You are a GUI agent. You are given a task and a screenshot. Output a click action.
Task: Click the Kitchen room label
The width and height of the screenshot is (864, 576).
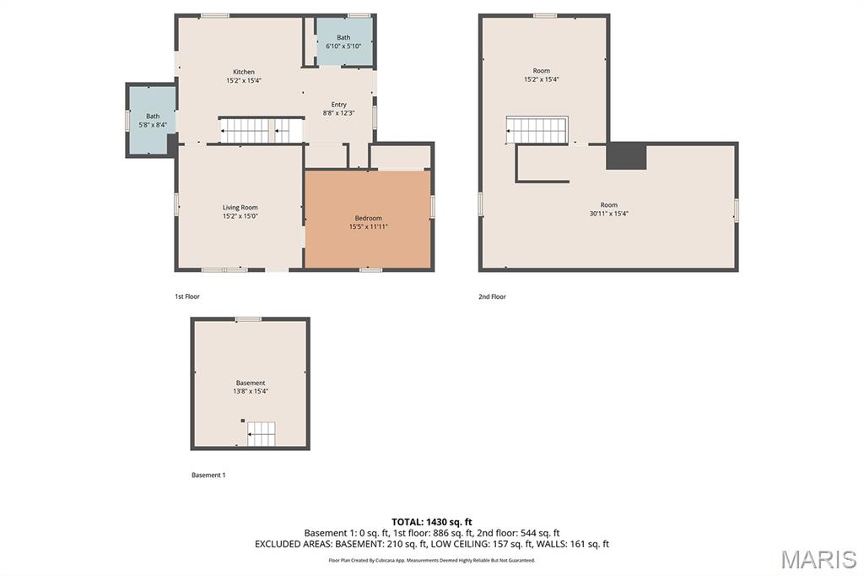(244, 72)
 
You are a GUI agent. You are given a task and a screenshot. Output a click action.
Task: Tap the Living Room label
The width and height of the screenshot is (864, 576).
(240, 208)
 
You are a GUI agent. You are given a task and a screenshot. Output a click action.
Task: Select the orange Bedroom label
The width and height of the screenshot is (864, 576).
(368, 218)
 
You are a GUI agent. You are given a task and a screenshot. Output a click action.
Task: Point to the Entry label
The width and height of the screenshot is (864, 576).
(339, 104)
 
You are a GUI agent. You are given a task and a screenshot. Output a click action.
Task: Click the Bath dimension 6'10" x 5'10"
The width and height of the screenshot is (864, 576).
(343, 46)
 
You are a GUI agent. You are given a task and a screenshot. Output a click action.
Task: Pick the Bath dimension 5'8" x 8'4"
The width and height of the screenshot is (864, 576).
(153, 125)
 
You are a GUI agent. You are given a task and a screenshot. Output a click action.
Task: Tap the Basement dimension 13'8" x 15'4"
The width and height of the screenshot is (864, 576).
(250, 391)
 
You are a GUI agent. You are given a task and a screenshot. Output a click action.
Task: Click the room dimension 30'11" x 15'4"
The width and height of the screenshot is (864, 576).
(609, 214)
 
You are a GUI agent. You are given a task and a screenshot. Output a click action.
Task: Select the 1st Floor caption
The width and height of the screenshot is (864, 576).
(186, 296)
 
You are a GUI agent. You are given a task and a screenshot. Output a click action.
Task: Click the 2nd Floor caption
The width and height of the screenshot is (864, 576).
(492, 296)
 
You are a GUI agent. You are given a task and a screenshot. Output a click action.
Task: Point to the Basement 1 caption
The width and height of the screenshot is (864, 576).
(208, 475)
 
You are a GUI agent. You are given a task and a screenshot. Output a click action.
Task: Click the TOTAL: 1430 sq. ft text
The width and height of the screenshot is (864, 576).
(432, 522)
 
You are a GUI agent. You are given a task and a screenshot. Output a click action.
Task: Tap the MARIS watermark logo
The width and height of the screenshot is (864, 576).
(818, 559)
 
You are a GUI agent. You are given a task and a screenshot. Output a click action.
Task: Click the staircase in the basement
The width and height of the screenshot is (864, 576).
(262, 433)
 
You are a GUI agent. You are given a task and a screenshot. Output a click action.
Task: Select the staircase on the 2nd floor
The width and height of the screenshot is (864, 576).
(537, 130)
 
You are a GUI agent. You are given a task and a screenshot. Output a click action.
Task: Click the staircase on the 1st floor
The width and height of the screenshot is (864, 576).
(262, 130)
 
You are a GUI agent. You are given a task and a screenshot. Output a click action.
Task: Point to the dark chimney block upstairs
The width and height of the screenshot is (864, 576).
(626, 156)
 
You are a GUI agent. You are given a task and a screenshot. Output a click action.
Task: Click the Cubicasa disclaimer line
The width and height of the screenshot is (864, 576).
(432, 561)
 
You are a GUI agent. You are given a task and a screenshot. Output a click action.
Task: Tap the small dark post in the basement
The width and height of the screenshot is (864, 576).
(242, 421)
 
